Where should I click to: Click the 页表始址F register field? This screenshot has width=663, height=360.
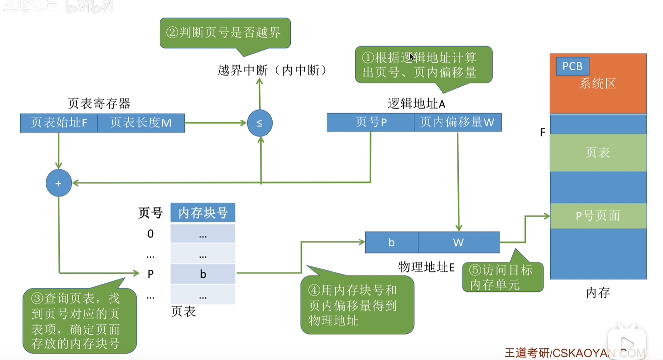click(59, 123)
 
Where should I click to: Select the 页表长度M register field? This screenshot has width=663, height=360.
click(141, 123)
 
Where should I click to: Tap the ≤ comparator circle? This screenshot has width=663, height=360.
click(260, 122)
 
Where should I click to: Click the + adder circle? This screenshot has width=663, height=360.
click(58, 184)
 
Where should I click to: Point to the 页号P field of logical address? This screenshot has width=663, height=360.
click(370, 122)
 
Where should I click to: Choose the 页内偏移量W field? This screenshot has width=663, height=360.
click(457, 122)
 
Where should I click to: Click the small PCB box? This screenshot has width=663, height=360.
click(572, 66)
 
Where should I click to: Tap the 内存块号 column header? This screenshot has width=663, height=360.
click(203, 213)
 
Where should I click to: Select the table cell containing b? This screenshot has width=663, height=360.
click(203, 274)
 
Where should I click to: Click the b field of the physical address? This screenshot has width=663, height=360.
click(391, 242)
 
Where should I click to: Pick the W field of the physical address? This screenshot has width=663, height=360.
click(458, 242)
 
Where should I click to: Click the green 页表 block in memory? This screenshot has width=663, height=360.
click(598, 153)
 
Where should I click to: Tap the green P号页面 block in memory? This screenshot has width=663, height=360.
click(598, 216)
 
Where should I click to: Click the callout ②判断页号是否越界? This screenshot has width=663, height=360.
click(224, 33)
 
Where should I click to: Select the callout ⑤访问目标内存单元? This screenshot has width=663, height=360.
click(502, 277)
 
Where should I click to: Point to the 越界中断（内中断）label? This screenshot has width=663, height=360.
click(273, 70)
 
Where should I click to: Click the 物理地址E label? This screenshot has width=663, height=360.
click(427, 267)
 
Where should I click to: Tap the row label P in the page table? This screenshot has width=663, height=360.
click(150, 274)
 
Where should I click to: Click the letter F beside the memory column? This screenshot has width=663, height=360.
click(542, 133)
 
